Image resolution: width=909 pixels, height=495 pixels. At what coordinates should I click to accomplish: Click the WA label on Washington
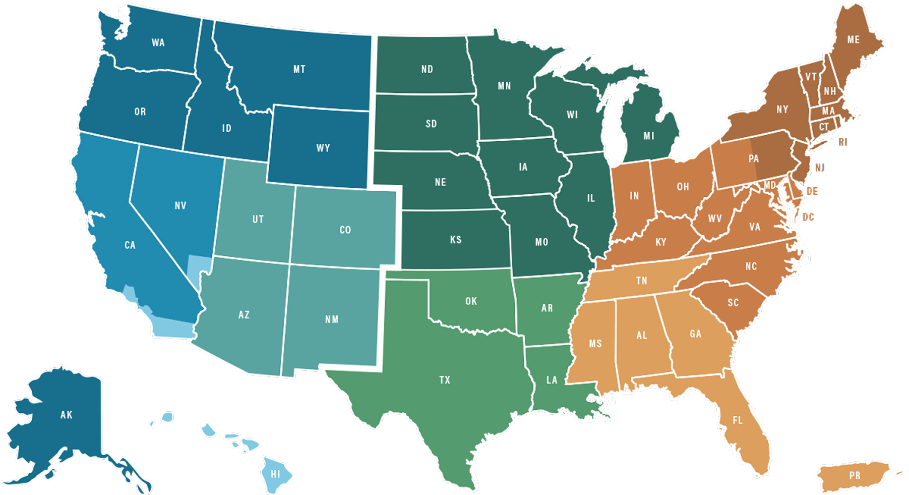pos(158,43)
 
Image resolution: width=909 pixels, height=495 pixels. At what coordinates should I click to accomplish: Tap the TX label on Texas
pos(444,380)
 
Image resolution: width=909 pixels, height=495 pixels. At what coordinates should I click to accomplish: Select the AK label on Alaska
pos(66,415)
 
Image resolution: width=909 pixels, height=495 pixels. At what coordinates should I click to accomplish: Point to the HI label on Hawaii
pos(275,474)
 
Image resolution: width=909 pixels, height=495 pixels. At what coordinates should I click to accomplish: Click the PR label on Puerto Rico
pos(854,475)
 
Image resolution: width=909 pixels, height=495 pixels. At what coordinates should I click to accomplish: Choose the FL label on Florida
pos(737,420)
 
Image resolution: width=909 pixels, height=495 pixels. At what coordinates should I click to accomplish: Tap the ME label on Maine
pos(853,40)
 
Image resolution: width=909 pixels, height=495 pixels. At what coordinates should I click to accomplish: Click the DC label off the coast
pos(808,217)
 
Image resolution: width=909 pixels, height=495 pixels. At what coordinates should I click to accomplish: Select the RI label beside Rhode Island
pos(842,142)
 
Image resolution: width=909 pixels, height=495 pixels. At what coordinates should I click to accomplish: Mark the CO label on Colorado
pos(345,230)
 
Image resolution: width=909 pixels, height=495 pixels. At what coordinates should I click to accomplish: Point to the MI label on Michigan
pos(648,136)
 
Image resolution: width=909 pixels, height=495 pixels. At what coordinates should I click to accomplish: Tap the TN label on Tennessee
pos(641,281)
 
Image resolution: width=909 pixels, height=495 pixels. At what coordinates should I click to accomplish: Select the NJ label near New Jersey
pos(820,168)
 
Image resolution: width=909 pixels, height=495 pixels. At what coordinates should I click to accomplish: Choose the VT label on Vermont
pos(810,77)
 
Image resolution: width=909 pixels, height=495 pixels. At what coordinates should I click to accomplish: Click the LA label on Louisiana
pos(552,380)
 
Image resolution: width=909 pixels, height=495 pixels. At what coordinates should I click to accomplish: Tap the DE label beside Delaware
pos(812,191)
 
